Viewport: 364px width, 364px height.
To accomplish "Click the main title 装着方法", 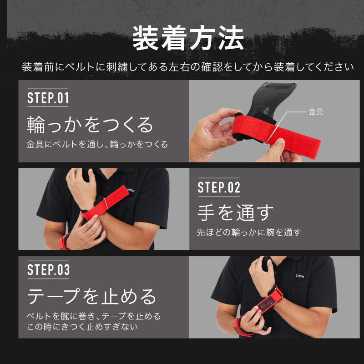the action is tap(188, 38).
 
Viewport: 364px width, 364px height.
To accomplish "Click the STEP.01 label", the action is tap(48, 98).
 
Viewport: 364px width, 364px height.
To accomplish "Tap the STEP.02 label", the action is tap(219, 187).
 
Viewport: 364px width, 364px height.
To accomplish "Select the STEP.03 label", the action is tap(48, 269).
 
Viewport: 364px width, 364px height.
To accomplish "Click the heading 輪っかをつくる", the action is tap(90, 125).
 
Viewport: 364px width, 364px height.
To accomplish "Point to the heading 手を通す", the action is tap(235, 212).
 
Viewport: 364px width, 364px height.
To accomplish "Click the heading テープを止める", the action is tap(91, 296).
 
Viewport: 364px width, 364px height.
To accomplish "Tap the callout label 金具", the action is tap(316, 112).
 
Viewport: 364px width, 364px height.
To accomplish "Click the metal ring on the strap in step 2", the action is tap(106, 204).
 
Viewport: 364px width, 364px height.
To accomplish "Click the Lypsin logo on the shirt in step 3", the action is tap(300, 276).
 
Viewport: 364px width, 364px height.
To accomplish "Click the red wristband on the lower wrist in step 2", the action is tap(63, 242).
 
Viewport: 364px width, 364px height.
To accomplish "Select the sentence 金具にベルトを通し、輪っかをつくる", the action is tap(97, 144).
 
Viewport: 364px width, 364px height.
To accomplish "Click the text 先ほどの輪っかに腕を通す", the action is tap(249, 232).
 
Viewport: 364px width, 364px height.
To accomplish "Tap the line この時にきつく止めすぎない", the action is tap(82, 327).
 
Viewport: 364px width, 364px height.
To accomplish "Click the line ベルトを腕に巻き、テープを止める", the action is tap(94, 316).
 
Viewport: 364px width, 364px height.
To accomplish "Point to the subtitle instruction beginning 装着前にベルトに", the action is tap(188, 67).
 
